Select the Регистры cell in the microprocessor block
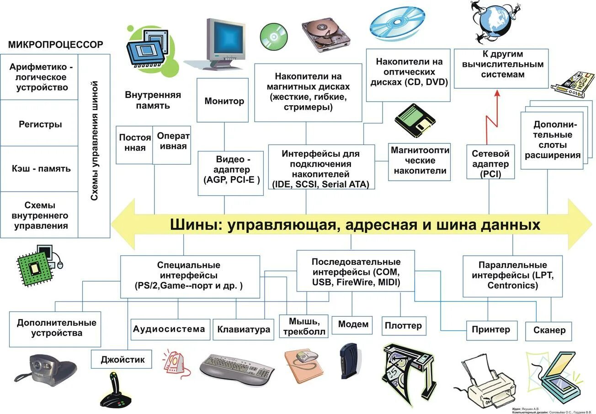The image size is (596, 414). point(40,124)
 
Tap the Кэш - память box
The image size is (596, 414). point(40,168)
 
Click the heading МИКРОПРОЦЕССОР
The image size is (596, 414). point(55,44)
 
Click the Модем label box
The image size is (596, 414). point(353,324)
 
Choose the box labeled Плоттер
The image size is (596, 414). point(403,326)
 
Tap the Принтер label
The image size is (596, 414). point(490,330)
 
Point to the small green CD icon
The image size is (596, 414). point(273,36)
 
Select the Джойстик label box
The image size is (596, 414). point(122,360)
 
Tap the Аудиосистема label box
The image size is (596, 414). point(169,329)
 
